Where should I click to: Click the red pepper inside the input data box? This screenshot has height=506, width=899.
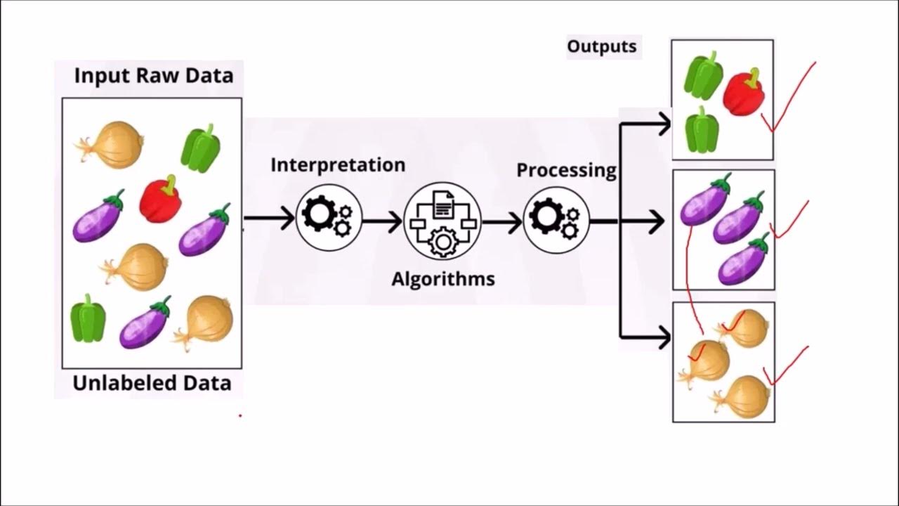[x=161, y=199]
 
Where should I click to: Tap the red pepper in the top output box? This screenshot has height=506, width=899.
[x=744, y=93]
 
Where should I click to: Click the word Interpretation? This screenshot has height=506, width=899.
[x=338, y=165]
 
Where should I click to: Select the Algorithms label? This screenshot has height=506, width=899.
[x=443, y=279]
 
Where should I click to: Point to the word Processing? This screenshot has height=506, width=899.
[x=566, y=170]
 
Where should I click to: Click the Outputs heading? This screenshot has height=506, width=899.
[x=602, y=47]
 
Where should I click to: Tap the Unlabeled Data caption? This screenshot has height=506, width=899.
[x=152, y=384]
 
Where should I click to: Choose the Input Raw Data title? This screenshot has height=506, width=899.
[x=153, y=76]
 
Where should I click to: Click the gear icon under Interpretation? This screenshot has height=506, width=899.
[x=328, y=218]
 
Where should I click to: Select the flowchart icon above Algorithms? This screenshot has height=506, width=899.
[x=442, y=221]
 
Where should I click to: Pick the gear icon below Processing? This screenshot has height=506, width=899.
[x=556, y=219]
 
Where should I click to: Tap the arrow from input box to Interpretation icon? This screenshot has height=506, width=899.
[x=270, y=219]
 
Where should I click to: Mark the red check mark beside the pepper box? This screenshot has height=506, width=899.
[x=791, y=98]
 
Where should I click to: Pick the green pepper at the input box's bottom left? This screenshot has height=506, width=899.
[x=88, y=318]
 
